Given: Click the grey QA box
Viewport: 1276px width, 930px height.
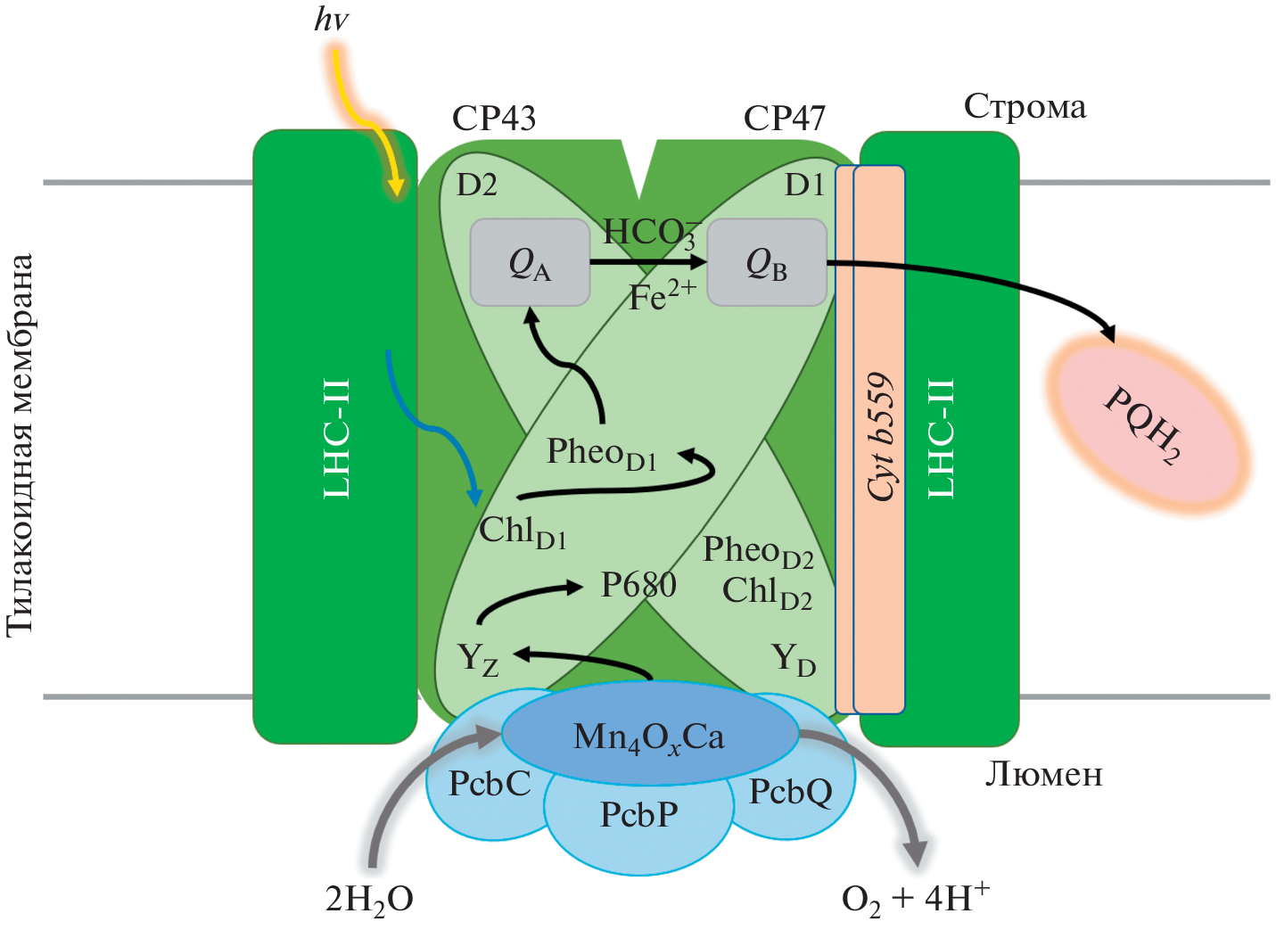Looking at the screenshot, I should (x=530, y=263).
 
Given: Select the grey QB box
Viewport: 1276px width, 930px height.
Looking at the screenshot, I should (x=767, y=263).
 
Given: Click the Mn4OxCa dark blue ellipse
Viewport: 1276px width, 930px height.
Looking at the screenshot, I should (x=649, y=736).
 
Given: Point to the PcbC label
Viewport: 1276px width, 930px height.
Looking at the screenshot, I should (x=490, y=784).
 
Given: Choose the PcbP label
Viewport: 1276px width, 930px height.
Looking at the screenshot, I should (x=638, y=814).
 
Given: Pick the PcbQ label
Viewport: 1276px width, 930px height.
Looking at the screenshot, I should (x=790, y=791).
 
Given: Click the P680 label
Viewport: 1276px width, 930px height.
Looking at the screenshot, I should (x=638, y=585).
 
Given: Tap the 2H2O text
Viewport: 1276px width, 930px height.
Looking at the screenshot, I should (x=369, y=900).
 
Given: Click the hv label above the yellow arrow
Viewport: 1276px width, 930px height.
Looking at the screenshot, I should (x=331, y=20).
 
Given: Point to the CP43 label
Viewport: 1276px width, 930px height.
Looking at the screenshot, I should (x=494, y=118).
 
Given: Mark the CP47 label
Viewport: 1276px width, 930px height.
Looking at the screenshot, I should (x=785, y=118).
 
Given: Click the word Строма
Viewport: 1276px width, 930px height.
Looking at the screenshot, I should (x=1025, y=107).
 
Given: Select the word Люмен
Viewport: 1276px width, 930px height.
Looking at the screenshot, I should (x=1043, y=774).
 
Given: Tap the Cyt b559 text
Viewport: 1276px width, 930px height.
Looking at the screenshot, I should (x=881, y=437).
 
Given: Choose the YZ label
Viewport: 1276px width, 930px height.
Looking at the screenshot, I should (x=478, y=660).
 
